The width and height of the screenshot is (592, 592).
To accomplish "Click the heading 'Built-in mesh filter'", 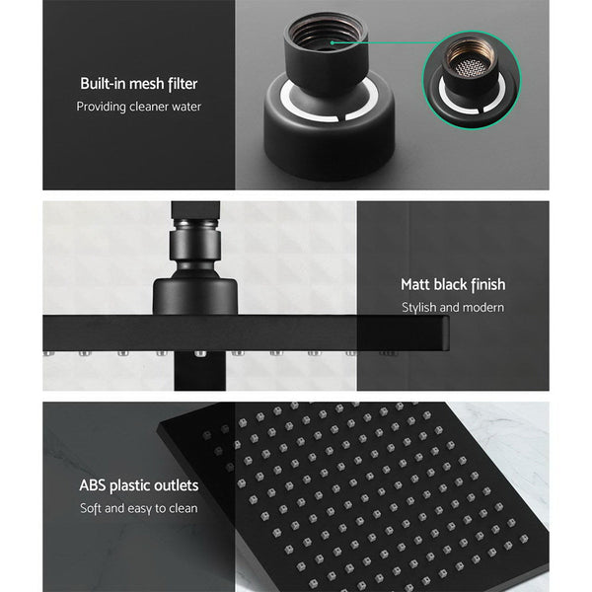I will (138, 84).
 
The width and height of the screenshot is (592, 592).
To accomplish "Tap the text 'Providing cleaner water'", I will (138, 107).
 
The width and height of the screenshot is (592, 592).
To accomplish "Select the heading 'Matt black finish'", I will (452, 284).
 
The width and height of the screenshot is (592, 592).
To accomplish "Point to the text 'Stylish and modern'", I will (452, 307).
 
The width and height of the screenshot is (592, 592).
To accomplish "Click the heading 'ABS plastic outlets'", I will (138, 485).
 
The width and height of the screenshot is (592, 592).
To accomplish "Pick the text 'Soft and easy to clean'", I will (138, 508).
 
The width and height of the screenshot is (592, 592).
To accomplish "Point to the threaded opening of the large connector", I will (326, 36).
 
